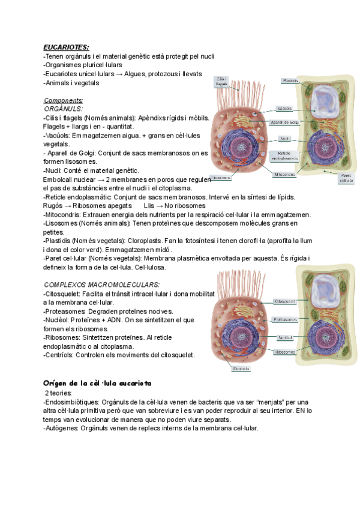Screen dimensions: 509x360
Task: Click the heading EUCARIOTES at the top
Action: pos(66,47)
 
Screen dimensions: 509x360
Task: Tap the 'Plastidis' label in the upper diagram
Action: pos(290,80)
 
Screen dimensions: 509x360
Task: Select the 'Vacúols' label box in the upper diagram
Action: pos(284,109)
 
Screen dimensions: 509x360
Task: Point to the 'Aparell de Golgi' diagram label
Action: pos(284,122)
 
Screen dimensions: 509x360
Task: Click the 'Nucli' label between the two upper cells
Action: pos(286,138)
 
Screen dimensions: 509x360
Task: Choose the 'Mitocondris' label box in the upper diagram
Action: pos(284,175)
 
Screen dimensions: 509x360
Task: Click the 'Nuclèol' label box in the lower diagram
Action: pos(284,338)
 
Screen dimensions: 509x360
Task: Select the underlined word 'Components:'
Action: pos(64,100)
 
